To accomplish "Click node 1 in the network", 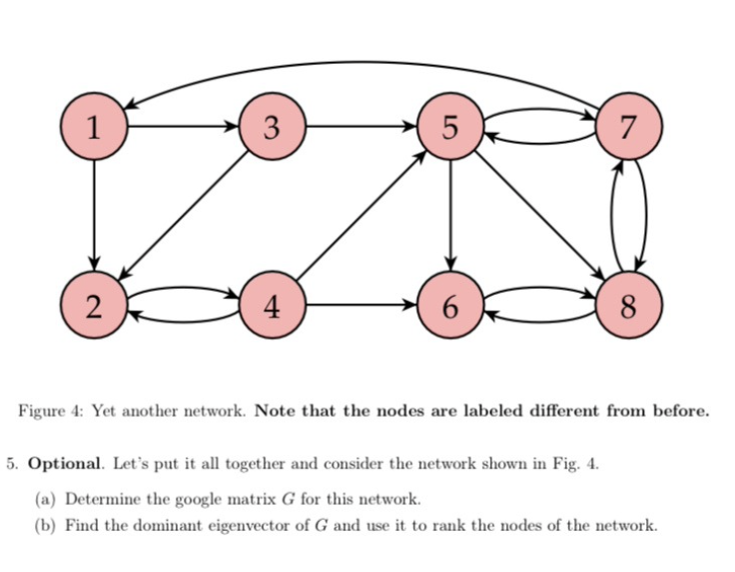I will pos(94,127).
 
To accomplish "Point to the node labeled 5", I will pos(450,127).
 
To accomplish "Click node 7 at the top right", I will pos(627,127).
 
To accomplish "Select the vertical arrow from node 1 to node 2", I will pos(94,215).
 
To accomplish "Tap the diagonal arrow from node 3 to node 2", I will pos(185,214).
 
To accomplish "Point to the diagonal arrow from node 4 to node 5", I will pos(361,216).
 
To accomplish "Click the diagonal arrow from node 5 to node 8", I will pos(539,216).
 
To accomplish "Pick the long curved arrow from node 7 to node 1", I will pos(360,65).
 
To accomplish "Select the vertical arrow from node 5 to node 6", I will pos(450,215).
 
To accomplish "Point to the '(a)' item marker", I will pos(46,498).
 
